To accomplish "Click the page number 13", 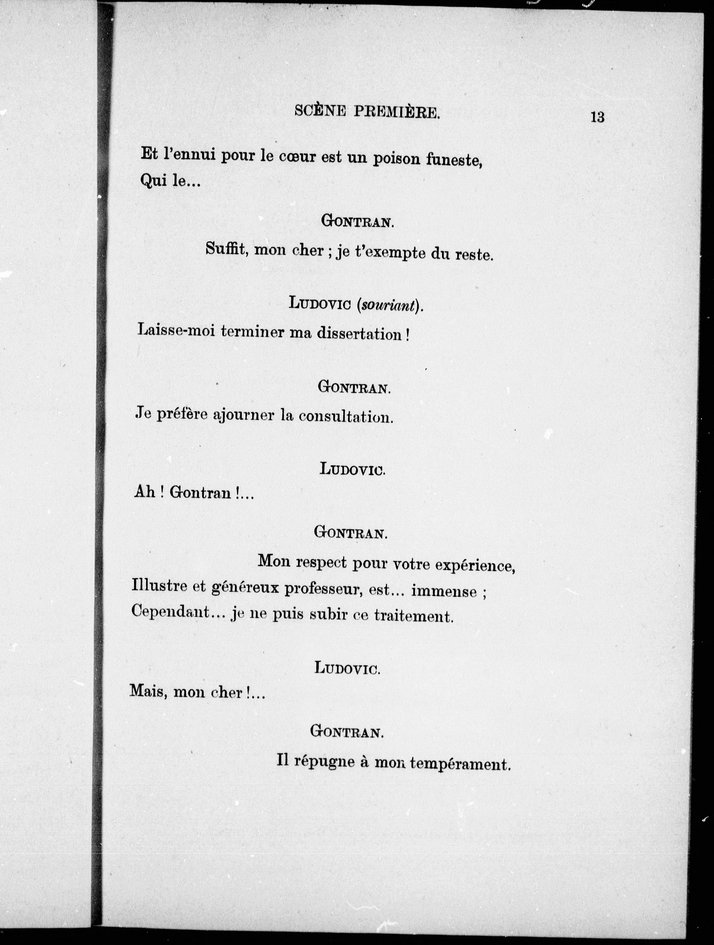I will (x=597, y=117).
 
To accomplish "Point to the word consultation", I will (x=345, y=417).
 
